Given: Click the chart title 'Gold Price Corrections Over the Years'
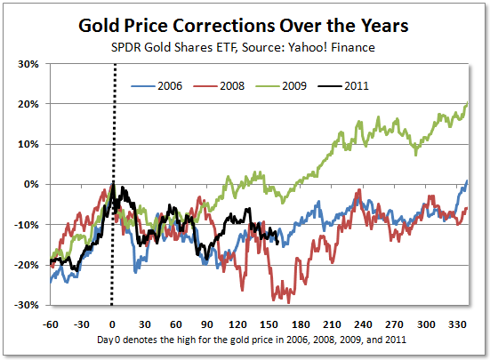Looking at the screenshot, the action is (243, 26).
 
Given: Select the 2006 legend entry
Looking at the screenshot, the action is (157, 86).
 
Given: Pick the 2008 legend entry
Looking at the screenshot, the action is (219, 86).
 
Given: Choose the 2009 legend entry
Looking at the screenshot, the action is (281, 86).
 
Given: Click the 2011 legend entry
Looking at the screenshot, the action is (343, 86).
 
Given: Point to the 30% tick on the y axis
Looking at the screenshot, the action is (28, 64).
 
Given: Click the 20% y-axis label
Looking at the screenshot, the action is (28, 104).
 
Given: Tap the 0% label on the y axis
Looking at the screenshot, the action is (31, 184).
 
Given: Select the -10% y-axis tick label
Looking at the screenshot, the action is (26, 225).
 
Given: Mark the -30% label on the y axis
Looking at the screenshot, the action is (26, 305).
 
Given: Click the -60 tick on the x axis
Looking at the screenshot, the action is (50, 324).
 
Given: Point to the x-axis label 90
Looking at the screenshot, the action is (207, 324).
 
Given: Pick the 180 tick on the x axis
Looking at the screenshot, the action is (301, 324).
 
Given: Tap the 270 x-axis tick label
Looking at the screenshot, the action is (394, 324).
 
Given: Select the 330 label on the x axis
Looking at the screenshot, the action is (457, 324).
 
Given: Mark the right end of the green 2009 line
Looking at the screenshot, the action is (468, 103).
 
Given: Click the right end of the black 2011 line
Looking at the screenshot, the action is (278, 243).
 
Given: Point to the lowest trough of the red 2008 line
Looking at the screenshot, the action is (289, 303).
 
